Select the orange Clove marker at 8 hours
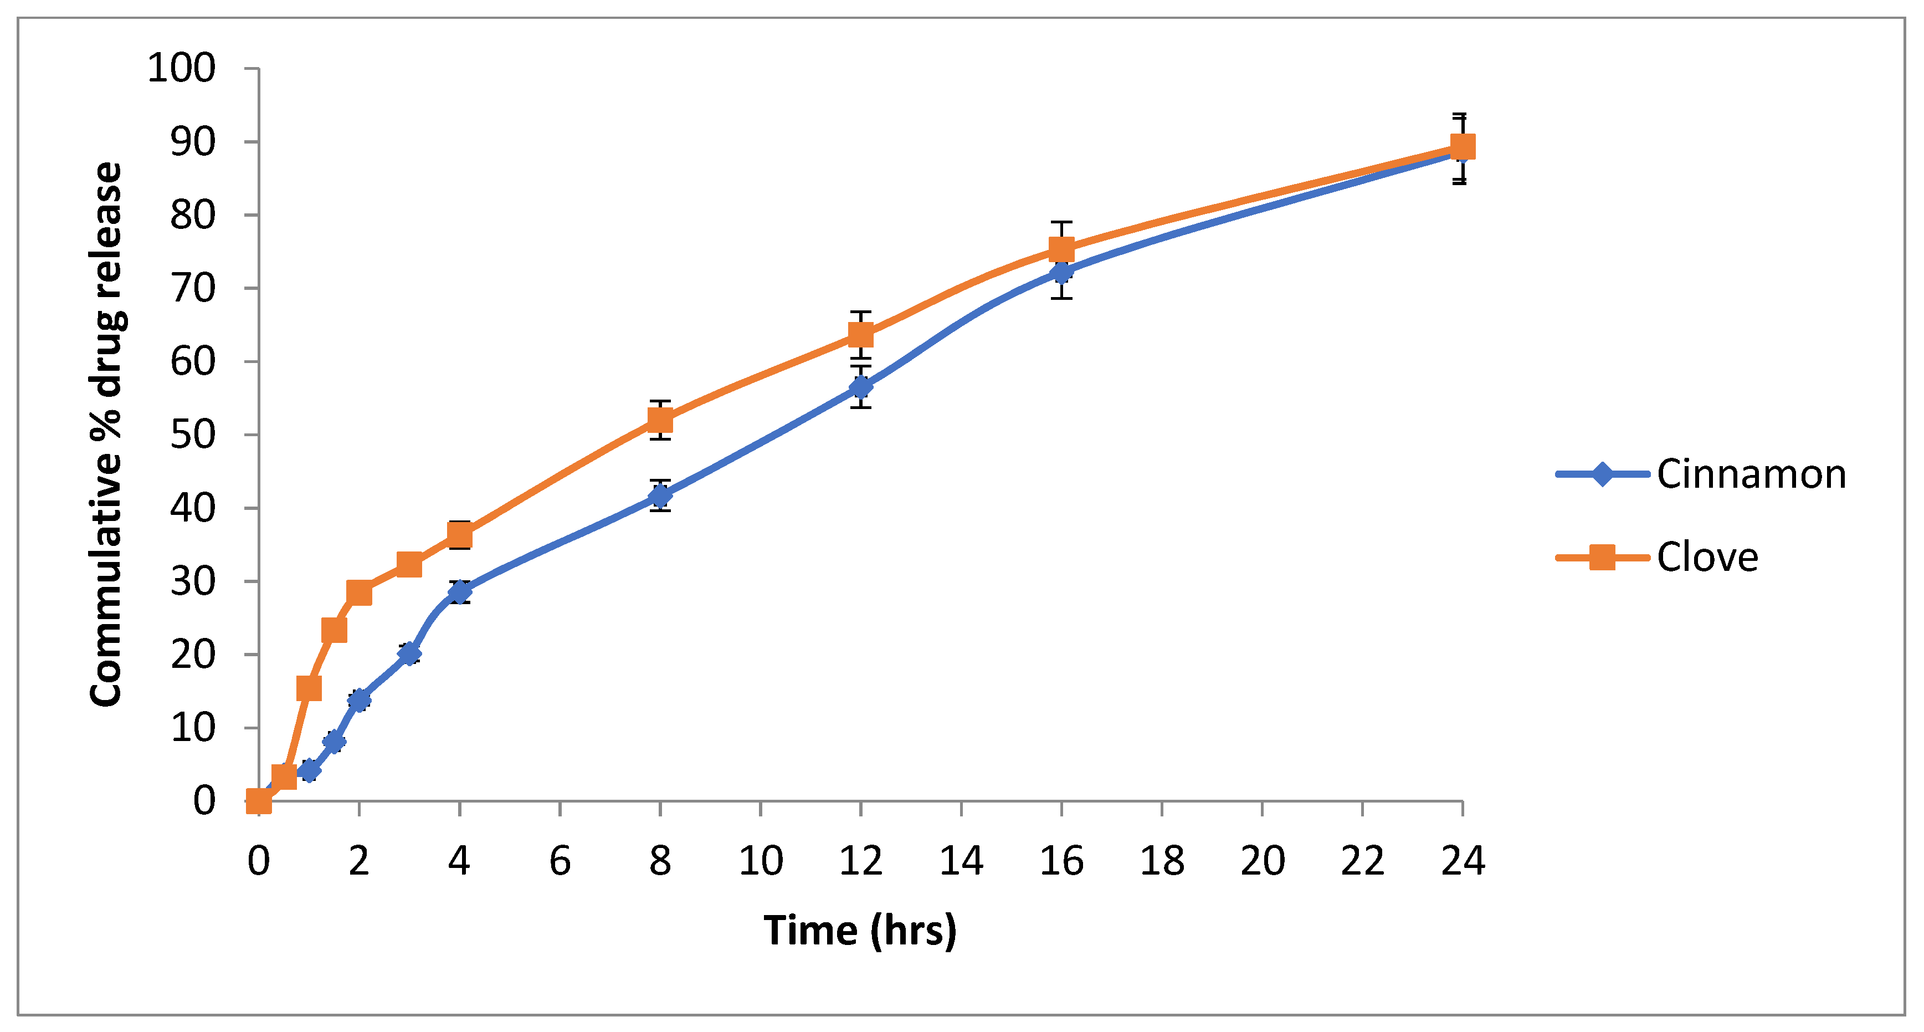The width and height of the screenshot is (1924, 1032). click(660, 420)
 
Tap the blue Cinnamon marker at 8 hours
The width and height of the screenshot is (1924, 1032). click(660, 495)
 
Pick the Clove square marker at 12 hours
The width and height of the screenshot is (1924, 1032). click(860, 334)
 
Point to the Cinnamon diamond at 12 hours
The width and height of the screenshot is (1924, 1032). click(860, 387)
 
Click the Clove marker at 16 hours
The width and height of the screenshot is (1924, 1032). click(1061, 249)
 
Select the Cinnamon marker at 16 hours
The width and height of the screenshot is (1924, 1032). click(1061, 273)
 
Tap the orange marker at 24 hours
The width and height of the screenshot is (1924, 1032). click(1463, 146)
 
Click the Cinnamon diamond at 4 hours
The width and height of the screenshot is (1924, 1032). click(459, 592)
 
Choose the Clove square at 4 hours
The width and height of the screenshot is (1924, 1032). click(459, 535)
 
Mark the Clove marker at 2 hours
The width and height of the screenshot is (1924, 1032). click(359, 592)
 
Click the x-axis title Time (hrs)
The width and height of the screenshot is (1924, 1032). click(860, 931)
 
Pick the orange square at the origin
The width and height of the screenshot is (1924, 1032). click(258, 801)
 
